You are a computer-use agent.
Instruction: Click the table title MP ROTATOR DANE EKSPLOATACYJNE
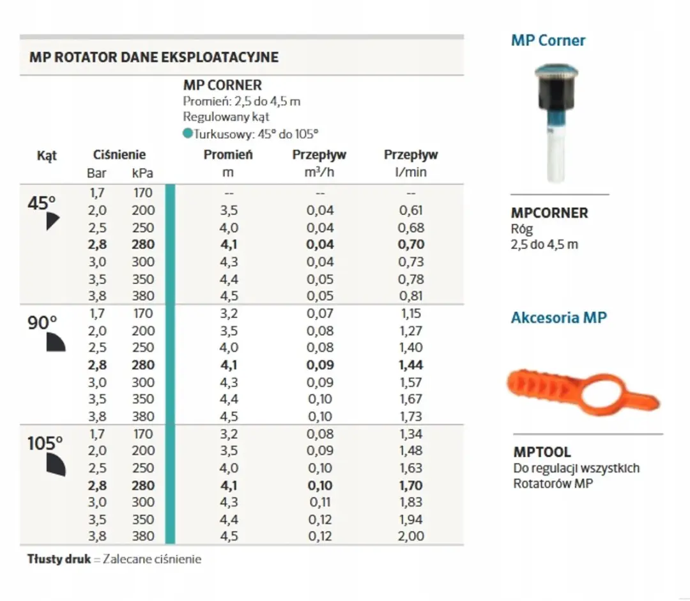153,58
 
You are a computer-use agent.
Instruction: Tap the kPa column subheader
142,173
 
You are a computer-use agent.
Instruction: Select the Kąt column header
47,156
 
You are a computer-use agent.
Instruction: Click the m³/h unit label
319,172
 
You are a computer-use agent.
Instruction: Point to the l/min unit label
411,172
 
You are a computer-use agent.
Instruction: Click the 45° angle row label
42,203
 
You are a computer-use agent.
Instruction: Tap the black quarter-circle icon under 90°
56,342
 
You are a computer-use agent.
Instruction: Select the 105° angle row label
45,443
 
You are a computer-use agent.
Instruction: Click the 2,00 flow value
411,536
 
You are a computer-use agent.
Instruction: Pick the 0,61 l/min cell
411,210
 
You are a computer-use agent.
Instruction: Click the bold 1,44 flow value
411,365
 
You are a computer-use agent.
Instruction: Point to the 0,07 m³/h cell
320,313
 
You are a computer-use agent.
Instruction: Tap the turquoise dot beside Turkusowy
188,133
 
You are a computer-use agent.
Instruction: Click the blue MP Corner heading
548,40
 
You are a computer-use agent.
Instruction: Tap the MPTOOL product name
542,452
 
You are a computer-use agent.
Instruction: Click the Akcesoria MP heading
558,318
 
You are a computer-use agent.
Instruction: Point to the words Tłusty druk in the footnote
59,559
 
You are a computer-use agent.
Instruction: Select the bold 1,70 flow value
411,486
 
